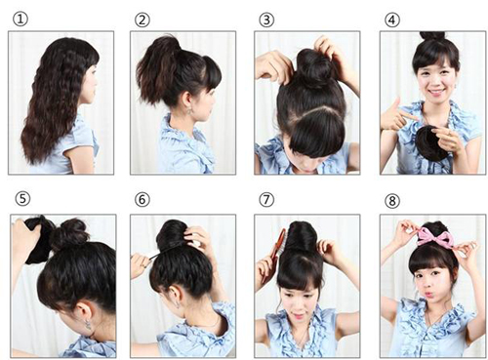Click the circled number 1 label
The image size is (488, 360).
(20, 20)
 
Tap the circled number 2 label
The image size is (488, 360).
(142, 20)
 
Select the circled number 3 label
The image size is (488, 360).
(266, 20)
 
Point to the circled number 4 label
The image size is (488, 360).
(392, 20)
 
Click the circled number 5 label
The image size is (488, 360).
(22, 198)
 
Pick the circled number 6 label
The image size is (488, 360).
(142, 199)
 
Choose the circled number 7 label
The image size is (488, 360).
(266, 199)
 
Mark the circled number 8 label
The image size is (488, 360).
(392, 201)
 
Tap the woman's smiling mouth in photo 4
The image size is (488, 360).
(436, 92)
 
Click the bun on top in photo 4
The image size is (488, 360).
(432, 36)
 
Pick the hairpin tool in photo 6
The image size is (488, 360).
(153, 256)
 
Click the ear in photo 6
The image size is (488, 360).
(176, 296)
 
